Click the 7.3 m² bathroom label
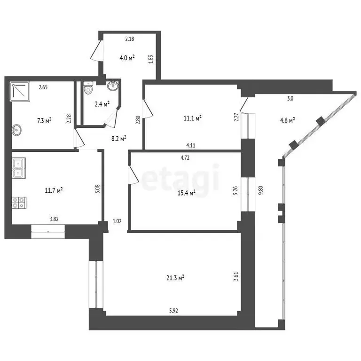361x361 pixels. pos(44,120)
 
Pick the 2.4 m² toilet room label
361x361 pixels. pos(102,104)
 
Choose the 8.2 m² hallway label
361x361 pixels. pos(118,138)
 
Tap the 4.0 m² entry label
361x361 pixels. pos(127,58)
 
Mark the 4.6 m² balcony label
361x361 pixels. pos(287,120)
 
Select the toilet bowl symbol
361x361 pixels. pos(89,88)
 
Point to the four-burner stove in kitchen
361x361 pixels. pos(19,203)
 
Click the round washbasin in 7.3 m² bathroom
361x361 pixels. pos(18,129)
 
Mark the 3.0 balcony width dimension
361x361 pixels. pos(290,99)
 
